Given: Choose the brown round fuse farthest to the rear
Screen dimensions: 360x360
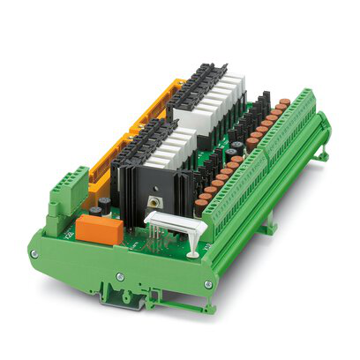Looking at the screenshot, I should [284, 103].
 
